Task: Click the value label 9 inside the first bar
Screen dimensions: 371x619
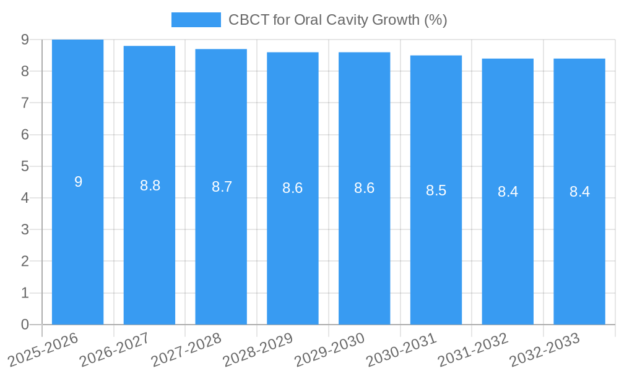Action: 78,182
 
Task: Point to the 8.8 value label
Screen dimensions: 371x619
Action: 150,185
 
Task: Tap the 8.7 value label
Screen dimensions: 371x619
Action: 222,187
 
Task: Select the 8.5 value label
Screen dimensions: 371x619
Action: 436,190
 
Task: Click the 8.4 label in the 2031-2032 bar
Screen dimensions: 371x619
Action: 508,192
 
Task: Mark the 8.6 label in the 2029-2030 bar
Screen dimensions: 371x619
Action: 364,188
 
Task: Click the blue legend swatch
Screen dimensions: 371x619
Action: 196,20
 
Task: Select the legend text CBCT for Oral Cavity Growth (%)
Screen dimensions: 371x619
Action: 337,20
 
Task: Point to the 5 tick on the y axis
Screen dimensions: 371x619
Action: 25,166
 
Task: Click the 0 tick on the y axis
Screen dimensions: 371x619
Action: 25,325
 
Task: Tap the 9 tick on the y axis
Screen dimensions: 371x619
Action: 25,40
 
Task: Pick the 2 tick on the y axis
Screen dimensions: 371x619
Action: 25,262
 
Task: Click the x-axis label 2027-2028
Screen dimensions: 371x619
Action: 186,349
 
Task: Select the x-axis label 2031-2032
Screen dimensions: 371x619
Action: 474,349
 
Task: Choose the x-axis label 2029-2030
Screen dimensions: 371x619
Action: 330,349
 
